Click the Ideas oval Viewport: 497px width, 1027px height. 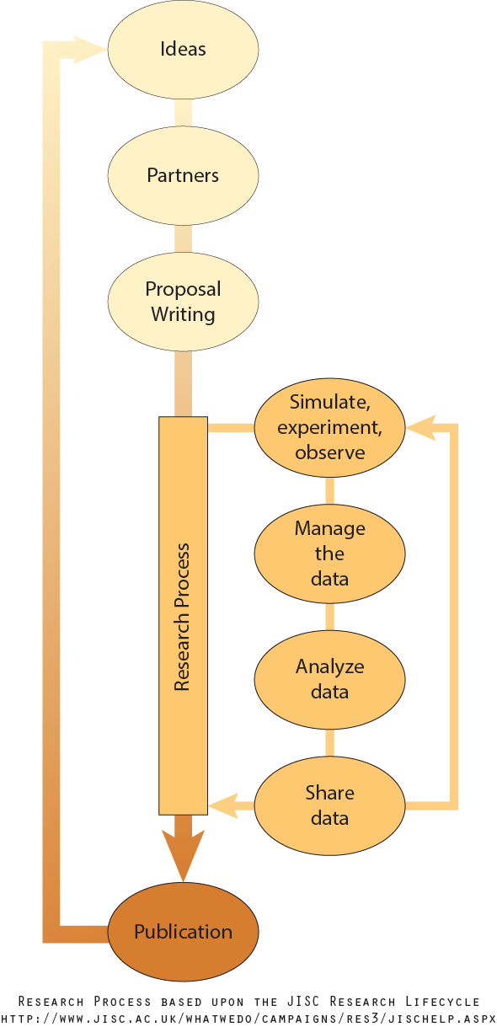click(183, 50)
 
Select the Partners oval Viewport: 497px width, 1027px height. click(183, 175)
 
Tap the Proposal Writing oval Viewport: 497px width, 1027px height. click(183, 302)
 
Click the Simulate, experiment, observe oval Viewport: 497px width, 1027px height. click(329, 427)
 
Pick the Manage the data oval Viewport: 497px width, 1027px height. click(329, 554)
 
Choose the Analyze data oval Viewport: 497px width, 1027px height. click(329, 679)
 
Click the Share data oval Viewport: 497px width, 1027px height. click(329, 805)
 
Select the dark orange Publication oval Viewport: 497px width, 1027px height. click(183, 932)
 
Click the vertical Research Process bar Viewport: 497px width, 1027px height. click(183, 615)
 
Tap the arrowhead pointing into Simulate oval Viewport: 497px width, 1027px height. click(420, 428)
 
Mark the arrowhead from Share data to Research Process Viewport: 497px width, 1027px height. click(223, 806)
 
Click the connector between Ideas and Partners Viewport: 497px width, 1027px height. click(183, 112)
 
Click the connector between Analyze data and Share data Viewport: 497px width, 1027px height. click(329, 742)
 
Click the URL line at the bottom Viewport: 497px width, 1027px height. click(248, 1018)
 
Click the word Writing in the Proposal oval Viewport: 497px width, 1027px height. click(183, 315)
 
